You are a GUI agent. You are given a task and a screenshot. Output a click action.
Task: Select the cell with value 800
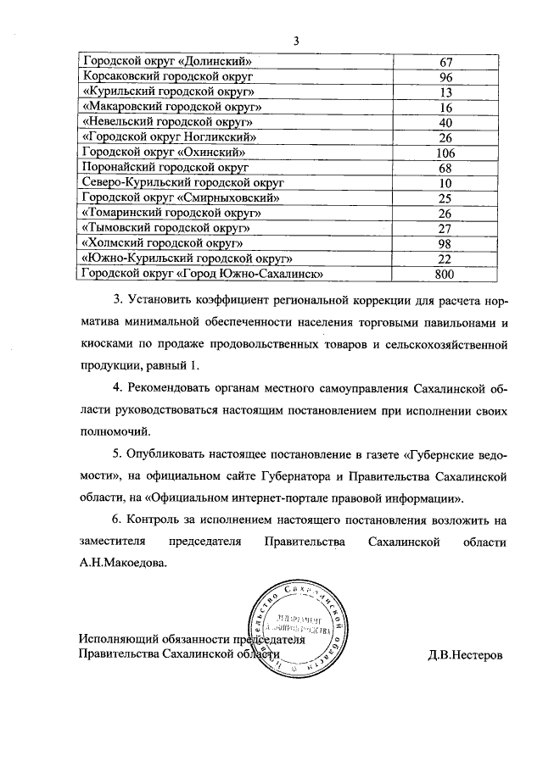click(445, 274)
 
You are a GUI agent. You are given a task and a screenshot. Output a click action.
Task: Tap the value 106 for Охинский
click(445, 153)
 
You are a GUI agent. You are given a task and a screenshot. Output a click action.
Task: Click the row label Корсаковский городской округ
click(160, 76)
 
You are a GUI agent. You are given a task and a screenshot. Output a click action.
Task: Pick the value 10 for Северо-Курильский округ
click(445, 183)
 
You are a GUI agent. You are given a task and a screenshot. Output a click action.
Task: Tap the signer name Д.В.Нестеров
click(465, 653)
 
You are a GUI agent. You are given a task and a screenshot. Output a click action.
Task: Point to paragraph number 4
click(118, 387)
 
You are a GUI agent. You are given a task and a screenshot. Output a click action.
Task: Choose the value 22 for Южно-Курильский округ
click(445, 258)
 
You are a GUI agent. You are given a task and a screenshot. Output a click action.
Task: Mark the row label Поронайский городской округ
click(160, 168)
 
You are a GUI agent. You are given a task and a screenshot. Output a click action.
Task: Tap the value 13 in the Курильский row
click(445, 92)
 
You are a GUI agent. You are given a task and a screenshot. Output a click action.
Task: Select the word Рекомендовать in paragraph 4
click(171, 387)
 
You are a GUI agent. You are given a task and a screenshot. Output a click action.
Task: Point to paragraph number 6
click(118, 518)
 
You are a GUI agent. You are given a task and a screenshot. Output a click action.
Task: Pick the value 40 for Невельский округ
click(445, 122)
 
